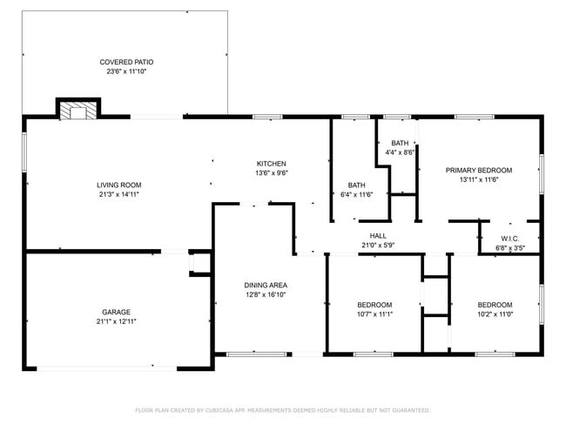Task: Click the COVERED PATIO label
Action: tap(127, 62)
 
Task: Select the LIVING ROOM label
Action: tap(118, 185)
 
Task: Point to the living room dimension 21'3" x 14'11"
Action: tap(118, 194)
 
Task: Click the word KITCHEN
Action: tap(271, 164)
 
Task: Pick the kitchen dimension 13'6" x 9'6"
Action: tap(271, 173)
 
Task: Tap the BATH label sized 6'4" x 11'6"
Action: tap(357, 185)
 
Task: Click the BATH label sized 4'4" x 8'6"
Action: tap(400, 143)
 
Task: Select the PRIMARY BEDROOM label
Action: tap(479, 170)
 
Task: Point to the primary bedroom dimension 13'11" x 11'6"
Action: tap(479, 180)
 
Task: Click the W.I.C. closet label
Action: tap(510, 239)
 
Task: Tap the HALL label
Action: tap(378, 235)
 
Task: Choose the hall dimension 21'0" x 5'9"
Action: tap(378, 245)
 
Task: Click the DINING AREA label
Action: tap(266, 285)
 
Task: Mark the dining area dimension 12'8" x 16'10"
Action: tap(266, 294)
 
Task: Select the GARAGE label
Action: tap(118, 312)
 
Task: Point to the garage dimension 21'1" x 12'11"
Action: tap(118, 322)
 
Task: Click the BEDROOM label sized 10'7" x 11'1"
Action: tap(375, 304)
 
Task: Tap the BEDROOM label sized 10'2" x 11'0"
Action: tap(495, 304)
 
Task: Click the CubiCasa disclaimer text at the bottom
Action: tap(283, 409)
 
